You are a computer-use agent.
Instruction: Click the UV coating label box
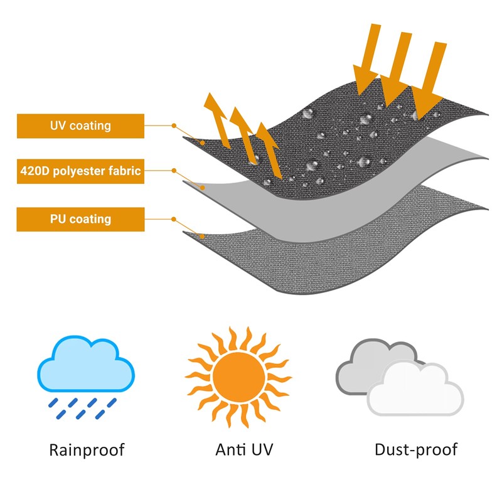[x=80, y=125]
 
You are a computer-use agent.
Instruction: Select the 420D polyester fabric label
[x=80, y=171]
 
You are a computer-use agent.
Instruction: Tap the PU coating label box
[x=80, y=219]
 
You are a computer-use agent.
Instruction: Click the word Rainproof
[x=87, y=449]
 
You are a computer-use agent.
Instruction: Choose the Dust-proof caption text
[x=415, y=449]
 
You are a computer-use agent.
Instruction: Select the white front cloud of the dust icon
[x=415, y=390]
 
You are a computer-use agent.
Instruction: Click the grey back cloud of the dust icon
[x=370, y=364]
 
